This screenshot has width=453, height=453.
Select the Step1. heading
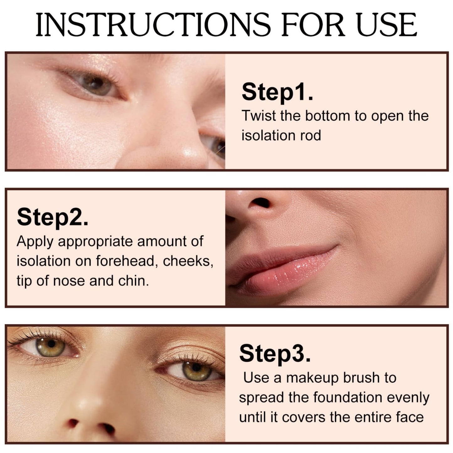pos(277,92)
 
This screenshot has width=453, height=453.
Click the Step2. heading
pos(53,217)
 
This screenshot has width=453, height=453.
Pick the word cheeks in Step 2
pos(188,261)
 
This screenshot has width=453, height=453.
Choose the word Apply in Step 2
pos(35,242)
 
